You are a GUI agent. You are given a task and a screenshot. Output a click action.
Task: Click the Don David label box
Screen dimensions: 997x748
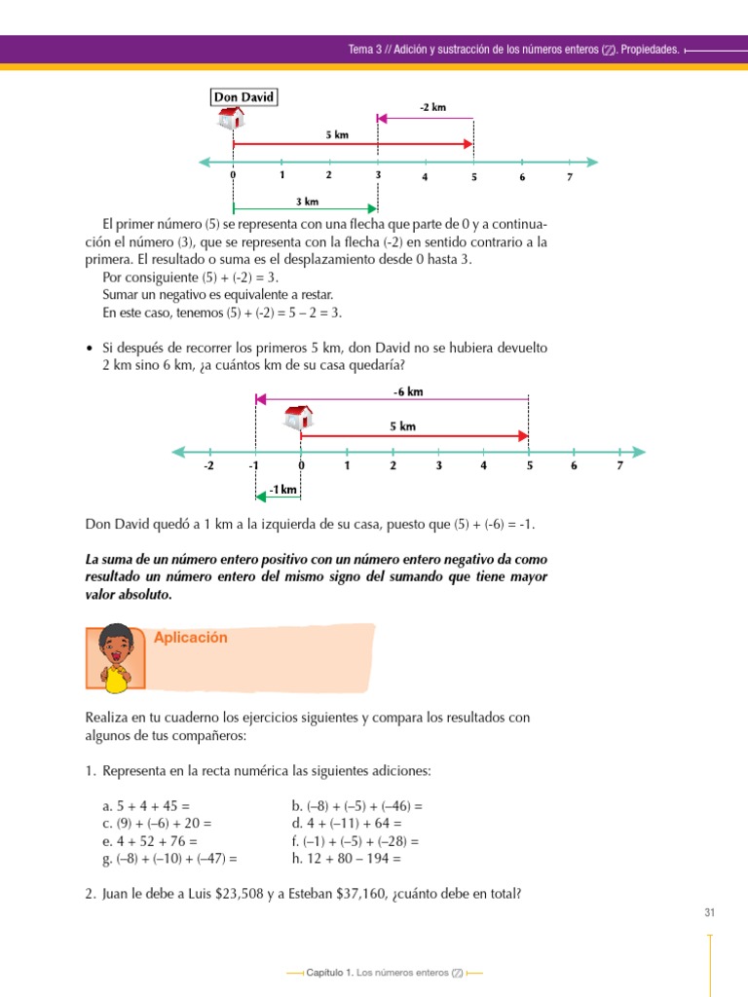pos(243,96)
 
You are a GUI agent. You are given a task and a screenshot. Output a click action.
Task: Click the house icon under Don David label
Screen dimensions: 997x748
pos(231,118)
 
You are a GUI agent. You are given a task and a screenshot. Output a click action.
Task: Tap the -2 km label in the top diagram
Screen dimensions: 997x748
pos(432,107)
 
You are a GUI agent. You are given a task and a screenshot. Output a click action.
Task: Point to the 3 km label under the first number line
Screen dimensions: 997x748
pos(306,202)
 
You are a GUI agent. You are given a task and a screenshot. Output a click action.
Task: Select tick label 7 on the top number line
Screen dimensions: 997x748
pos(570,176)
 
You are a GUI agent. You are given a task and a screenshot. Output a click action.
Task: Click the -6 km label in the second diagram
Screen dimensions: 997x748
pos(408,391)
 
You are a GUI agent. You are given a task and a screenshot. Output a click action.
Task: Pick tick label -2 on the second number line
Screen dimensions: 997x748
pos(208,465)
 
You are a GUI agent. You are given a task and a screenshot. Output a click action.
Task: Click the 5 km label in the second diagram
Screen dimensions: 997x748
pos(402,426)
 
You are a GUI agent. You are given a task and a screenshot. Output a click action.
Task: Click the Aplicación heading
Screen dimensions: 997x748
pos(191,638)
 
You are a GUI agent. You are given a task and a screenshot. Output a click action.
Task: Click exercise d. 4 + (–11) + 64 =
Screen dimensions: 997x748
pos(346,824)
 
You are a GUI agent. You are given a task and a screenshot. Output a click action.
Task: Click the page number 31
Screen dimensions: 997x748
pos(709,912)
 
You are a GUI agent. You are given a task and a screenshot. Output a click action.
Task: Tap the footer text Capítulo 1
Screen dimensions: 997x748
pos(329,973)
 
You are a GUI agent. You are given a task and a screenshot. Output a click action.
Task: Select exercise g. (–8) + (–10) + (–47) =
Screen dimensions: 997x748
pos(169,859)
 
